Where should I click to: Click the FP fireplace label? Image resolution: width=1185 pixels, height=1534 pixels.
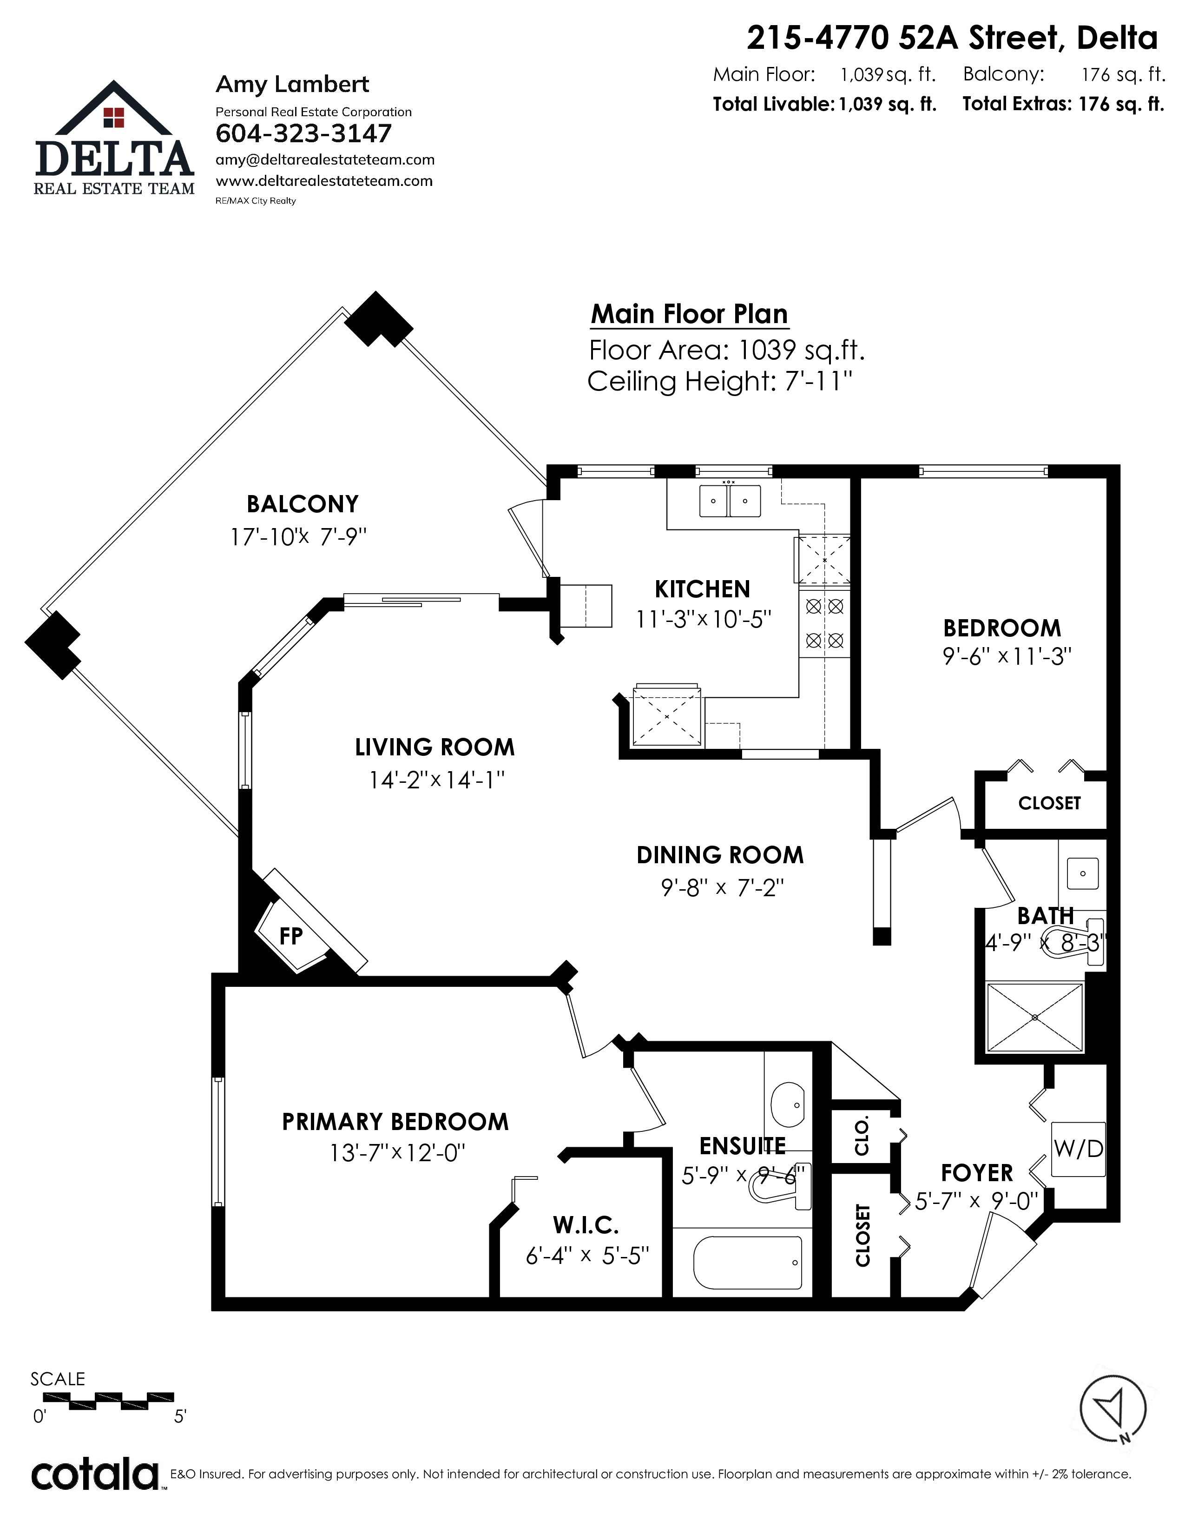pos(290,936)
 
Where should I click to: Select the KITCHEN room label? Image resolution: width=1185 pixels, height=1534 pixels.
pos(702,588)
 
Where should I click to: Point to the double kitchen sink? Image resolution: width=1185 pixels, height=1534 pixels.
pos(730,501)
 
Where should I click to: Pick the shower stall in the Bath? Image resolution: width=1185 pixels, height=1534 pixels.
pos(1035,1018)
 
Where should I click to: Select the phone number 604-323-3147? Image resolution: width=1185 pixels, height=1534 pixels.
pos(303,133)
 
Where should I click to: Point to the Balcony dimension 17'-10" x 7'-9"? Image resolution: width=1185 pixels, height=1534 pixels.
pos(298,537)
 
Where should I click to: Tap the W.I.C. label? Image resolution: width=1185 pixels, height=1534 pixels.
pos(586,1226)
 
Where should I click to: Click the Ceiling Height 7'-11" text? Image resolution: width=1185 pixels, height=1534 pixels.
pos(719,381)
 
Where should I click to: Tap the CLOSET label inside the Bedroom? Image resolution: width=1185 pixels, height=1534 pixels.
pos(1049,803)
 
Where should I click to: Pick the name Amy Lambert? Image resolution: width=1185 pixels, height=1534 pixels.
pos(292,84)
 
